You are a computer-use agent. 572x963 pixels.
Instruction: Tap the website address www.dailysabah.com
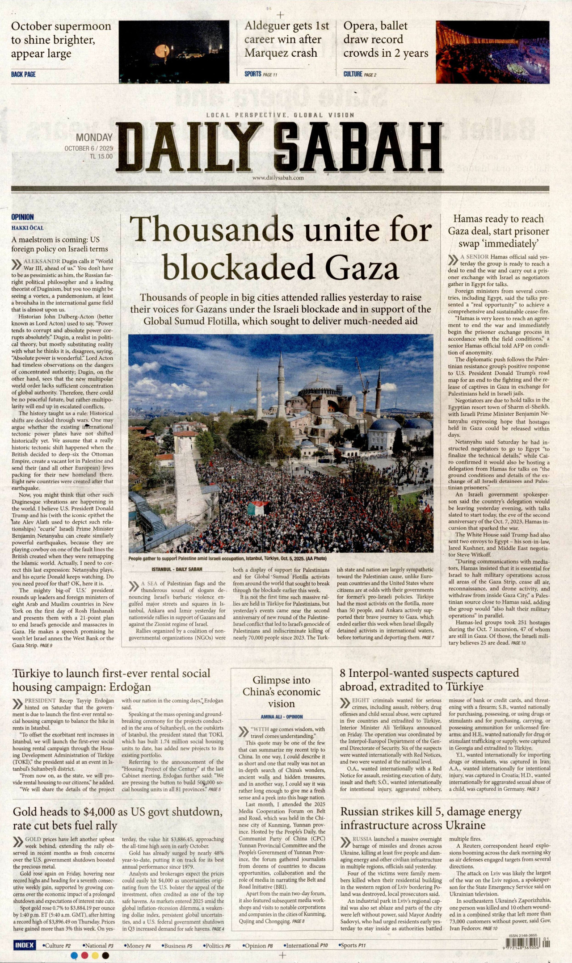click(x=278, y=178)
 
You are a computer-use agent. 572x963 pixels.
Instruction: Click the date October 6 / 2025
click(x=88, y=148)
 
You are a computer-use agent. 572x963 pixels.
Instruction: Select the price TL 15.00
click(x=101, y=156)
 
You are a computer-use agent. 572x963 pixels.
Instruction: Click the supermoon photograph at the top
click(x=174, y=51)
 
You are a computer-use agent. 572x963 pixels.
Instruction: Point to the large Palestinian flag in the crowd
click(x=258, y=508)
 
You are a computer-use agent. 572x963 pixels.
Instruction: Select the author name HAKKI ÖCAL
click(x=28, y=228)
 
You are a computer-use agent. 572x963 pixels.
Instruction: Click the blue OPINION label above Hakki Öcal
click(x=22, y=217)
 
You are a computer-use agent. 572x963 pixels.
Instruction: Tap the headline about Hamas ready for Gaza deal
click(x=498, y=231)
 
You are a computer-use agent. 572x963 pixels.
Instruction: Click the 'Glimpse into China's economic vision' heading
click(x=282, y=692)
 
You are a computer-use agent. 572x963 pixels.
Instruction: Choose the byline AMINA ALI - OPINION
click(x=282, y=716)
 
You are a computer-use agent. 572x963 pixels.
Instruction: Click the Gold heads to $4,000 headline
click(x=118, y=818)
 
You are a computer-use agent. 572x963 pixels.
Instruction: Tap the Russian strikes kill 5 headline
click(x=431, y=818)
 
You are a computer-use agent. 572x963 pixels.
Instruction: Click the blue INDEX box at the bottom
click(x=25, y=945)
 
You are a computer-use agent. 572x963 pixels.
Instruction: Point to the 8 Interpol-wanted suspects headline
click(x=429, y=679)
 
